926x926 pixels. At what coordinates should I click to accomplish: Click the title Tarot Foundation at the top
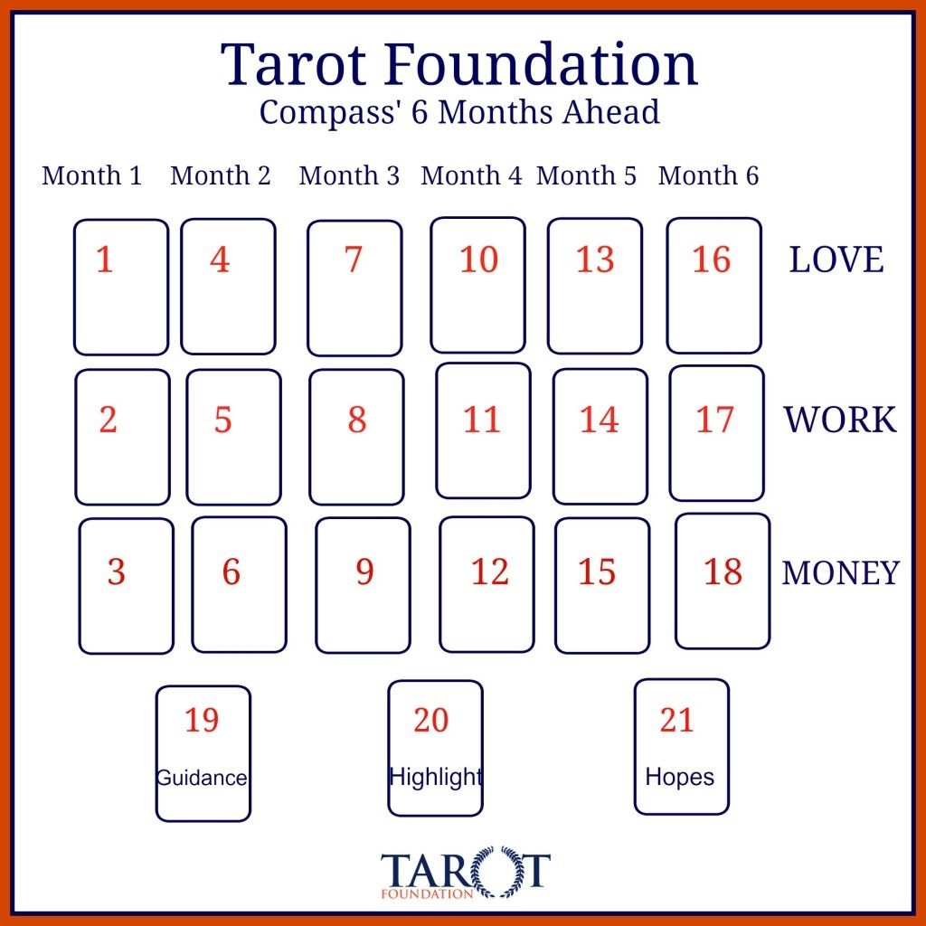459,64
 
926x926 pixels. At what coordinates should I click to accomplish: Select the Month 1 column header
92,175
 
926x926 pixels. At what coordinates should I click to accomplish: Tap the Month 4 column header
471,175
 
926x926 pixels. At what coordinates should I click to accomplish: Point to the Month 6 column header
708,175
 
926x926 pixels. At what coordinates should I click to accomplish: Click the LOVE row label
836,260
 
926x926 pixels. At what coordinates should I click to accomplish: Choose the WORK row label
840,420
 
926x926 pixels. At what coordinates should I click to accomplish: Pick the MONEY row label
840,572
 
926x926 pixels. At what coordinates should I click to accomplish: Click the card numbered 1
121,287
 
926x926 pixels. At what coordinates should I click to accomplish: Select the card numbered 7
354,288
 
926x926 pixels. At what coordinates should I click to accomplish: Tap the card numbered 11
483,430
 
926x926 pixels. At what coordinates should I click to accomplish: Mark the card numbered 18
723,581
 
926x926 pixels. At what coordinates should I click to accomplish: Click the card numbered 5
233,437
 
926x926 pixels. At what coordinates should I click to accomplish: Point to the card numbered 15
601,585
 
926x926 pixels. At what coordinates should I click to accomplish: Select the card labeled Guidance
203,753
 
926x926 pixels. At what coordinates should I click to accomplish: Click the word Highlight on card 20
436,777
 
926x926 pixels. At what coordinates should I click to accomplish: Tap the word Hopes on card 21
679,777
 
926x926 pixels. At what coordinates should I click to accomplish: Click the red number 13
595,260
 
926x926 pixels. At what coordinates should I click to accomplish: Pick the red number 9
364,572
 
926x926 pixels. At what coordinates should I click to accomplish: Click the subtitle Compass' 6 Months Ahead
459,111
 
